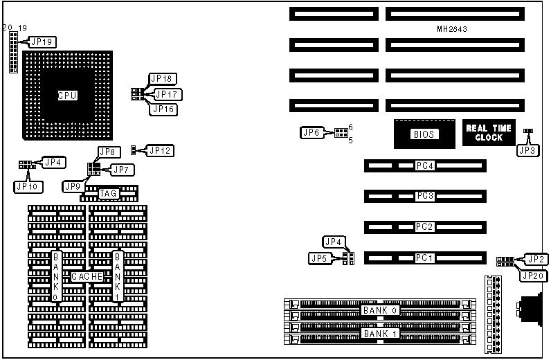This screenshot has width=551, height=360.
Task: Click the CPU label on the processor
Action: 67,96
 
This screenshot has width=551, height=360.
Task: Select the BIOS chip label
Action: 424,134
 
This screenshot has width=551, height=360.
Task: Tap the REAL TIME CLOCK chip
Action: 488,133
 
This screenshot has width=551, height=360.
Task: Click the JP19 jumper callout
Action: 43,42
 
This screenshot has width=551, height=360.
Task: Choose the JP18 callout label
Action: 163,78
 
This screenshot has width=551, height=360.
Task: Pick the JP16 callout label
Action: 163,109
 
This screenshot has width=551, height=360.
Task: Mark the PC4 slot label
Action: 424,166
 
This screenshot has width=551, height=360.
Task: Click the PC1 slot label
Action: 424,258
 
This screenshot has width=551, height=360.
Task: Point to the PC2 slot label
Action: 424,227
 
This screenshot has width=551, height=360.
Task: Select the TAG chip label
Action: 108,194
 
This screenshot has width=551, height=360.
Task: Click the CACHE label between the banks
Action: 87,276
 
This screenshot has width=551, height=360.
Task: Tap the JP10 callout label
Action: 26,186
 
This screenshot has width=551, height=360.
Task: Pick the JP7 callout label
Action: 123,169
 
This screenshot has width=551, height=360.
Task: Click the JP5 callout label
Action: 319,258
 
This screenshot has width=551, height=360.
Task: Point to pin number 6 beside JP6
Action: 350,127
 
